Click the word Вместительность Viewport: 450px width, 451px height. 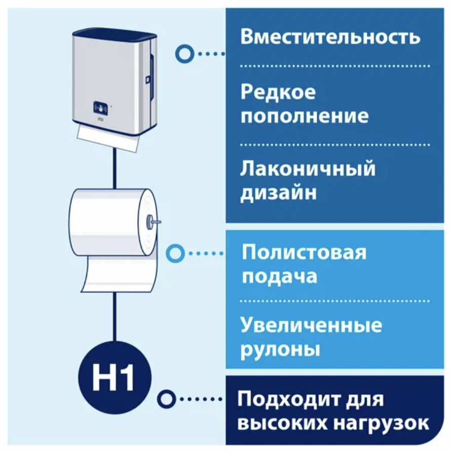tap(330, 38)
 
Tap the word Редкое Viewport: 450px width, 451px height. tap(278, 92)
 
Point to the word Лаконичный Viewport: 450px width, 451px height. tap(308, 168)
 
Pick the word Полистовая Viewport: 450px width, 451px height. tap(304, 252)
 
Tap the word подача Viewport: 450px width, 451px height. tap(279, 277)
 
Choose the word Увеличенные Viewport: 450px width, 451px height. tap(311, 325)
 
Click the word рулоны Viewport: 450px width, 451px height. tap(280, 350)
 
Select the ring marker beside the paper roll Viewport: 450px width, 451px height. tap(175, 253)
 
